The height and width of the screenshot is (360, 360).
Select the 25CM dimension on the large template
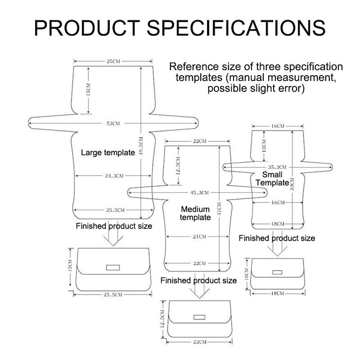[113, 61]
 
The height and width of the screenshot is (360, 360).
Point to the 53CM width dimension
[113, 123]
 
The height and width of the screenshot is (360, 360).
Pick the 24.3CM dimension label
[114, 176]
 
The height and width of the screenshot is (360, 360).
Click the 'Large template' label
[108, 153]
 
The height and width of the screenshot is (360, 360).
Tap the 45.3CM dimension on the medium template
[200, 193]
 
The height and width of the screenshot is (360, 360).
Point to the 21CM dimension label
[199, 236]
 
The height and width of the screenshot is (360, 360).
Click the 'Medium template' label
[195, 213]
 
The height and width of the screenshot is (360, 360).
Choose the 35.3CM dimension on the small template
[278, 166]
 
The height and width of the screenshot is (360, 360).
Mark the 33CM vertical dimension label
[292, 185]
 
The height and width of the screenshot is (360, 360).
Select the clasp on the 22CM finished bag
[198, 317]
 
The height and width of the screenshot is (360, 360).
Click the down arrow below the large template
[113, 237]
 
